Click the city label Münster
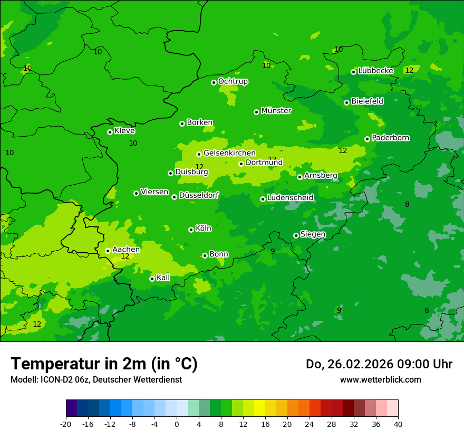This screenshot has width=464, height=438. tap(276, 111)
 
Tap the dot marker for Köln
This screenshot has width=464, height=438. tap(191, 230)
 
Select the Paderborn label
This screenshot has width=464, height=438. tap(390, 138)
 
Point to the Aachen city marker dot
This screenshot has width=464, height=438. tap(108, 251)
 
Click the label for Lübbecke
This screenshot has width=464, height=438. tap(375, 71)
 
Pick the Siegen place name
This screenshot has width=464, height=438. tap(313, 234)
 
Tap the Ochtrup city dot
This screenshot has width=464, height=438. tap(214, 82)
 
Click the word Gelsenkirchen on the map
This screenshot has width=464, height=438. tap(229, 153)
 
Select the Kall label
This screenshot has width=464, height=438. tap(163, 278)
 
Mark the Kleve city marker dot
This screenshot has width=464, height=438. tap(110, 132)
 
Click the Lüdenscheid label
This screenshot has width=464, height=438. tap(290, 198)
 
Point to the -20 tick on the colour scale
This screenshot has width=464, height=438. tap(66, 424)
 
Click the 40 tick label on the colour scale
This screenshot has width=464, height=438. tap(398, 424)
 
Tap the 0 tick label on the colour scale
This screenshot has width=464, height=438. tap(177, 424)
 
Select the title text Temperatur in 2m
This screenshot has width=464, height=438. tap(104, 364)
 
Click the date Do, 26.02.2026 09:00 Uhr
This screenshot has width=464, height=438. tap(379, 365)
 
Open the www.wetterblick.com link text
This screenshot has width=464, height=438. tap(380, 380)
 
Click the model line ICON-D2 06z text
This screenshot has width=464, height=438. tap(96, 380)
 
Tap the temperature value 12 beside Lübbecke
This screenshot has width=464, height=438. tap(409, 70)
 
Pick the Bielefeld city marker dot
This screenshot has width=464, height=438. tap(346, 102)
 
